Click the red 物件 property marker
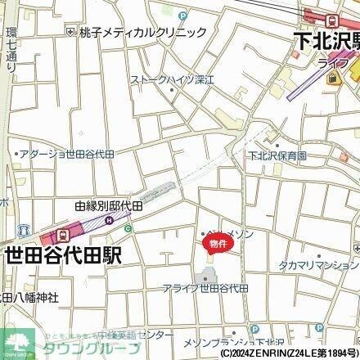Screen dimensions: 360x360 [217, 244]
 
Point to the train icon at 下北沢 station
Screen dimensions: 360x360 [331, 20]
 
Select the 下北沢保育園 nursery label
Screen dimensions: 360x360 [278, 155]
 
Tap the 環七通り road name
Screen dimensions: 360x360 [10, 53]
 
